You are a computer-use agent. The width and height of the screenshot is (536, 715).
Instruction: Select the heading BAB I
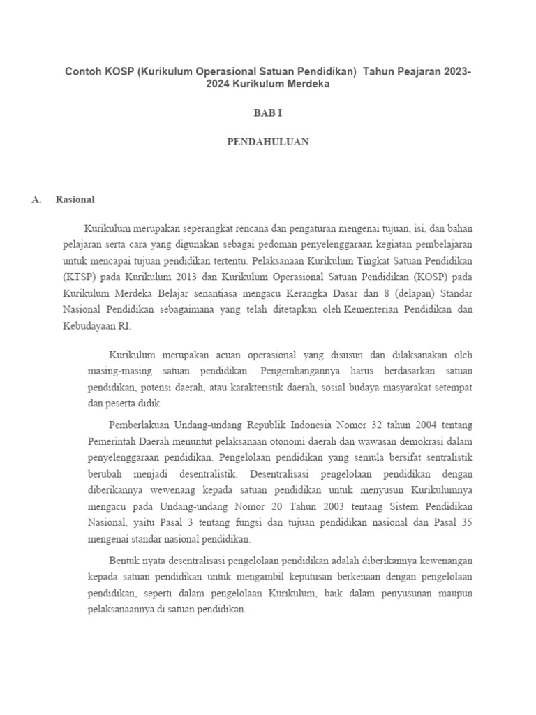(267, 112)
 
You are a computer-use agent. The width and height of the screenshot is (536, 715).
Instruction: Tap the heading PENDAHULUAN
(267, 142)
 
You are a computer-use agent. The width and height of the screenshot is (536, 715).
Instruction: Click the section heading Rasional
(75, 200)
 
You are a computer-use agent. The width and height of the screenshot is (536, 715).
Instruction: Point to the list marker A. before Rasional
(37, 200)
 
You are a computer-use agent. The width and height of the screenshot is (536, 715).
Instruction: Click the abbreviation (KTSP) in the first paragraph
(77, 277)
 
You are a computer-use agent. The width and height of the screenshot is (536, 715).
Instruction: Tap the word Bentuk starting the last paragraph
(124, 560)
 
